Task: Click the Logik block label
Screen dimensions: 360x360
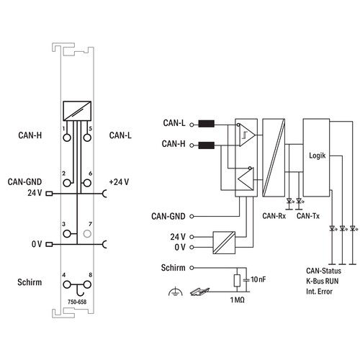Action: tap(318, 156)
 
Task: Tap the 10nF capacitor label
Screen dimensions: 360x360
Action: tap(258, 279)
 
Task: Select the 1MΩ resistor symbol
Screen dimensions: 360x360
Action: tap(237, 280)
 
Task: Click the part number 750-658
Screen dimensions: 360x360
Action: tap(77, 302)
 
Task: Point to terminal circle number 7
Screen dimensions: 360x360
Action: tap(87, 233)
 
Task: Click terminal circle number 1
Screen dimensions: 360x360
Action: tap(67, 138)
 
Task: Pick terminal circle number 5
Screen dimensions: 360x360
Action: tap(87, 138)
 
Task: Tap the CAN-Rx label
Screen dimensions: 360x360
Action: tap(274, 216)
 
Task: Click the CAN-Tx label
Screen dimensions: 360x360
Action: tap(308, 216)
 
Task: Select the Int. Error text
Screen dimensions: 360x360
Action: tap(319, 292)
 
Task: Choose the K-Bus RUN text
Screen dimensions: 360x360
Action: tap(323, 281)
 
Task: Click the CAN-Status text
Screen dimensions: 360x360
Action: tap(323, 271)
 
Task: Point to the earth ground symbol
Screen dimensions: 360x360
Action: tap(176, 292)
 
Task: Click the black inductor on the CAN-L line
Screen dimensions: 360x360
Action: tap(207, 124)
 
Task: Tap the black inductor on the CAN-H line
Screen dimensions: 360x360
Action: tap(207, 145)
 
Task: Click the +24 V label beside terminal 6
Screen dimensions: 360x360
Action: tap(119, 182)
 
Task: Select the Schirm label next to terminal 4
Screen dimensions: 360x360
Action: tap(30, 282)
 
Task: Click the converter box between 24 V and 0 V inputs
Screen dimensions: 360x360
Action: tap(224, 243)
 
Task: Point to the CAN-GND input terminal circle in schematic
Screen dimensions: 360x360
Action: tap(192, 216)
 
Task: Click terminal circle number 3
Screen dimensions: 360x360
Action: tap(67, 233)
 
